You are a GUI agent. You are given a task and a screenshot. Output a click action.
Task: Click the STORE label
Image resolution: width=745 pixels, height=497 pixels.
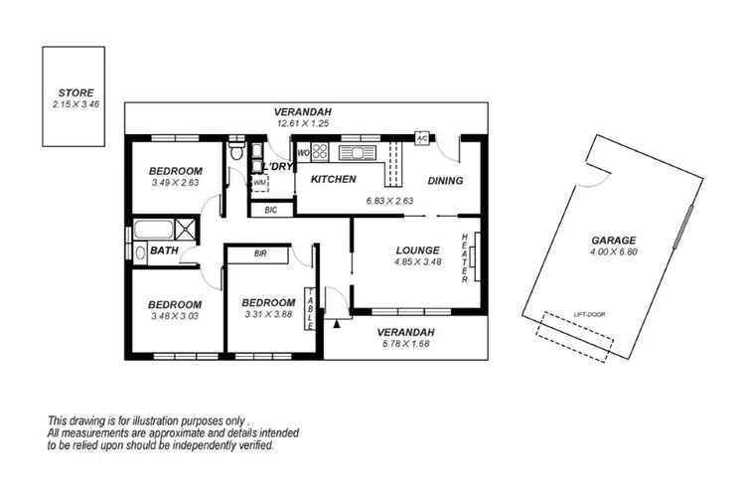pos(74,91)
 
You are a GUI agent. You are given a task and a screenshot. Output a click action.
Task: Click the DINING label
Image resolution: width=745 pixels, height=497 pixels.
pos(445,181)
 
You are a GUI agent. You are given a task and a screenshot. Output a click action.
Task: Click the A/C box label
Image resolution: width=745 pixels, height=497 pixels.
pos(421,138)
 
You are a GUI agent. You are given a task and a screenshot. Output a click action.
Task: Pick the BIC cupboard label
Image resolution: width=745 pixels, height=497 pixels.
pos(271,210)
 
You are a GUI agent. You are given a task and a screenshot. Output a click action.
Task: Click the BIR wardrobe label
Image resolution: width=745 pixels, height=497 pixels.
pos(259,254)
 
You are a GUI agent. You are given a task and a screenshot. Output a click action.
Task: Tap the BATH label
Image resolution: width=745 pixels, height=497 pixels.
pos(164,251)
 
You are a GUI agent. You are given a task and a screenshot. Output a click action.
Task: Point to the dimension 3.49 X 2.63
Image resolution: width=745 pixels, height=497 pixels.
pos(176,183)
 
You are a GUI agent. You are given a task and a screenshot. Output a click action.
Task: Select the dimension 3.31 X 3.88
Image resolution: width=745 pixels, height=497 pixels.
pos(267,316)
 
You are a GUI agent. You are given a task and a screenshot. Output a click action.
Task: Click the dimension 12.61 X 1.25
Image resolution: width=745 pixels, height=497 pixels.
pos(304,123)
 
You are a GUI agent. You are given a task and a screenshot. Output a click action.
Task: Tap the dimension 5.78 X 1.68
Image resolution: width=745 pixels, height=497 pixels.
pos(408,344)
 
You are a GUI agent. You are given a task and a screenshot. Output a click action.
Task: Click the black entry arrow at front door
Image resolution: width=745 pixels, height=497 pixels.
pos(339,321)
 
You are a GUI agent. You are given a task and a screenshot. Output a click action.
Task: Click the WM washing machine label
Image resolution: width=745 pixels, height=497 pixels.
pos(259,183)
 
